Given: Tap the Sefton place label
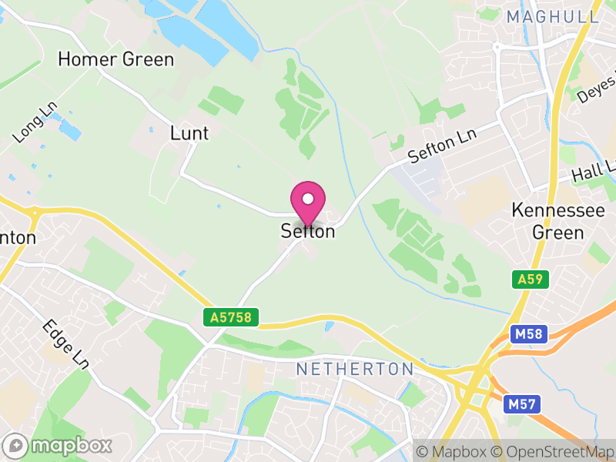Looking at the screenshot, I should tap(308, 231).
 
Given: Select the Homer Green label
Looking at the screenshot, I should tap(116, 59).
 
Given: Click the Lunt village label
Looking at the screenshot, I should tap(189, 133).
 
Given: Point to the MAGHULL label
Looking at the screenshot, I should tap(552, 16).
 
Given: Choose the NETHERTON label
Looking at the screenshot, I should tap(355, 370).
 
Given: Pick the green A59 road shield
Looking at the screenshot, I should tap(531, 280).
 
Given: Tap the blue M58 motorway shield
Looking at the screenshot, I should tap(527, 334).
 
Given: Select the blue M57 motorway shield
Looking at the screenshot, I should tap(523, 403).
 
